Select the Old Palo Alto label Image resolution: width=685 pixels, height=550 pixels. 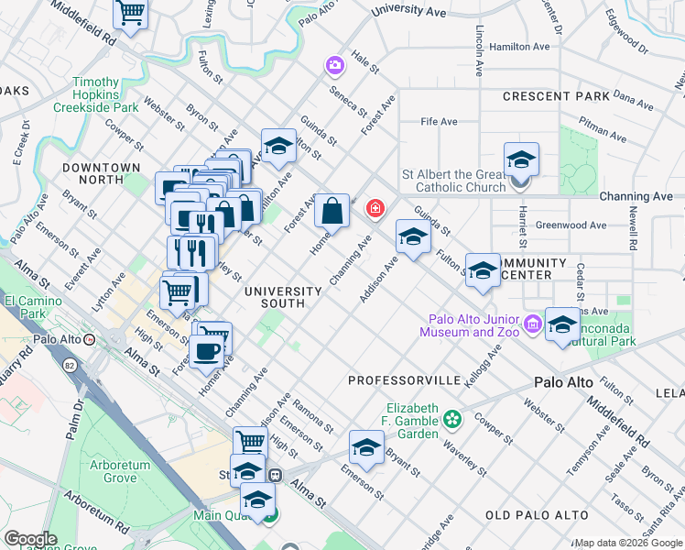[536, 516]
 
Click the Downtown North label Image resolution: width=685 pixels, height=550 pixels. [101, 174]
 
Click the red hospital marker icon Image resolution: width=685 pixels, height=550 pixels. [375, 210]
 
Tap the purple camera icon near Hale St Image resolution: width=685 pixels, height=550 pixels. [334, 65]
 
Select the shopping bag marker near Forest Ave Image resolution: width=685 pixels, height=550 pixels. [332, 211]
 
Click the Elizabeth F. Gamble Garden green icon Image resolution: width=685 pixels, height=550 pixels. [451, 420]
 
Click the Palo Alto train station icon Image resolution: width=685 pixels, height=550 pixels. [90, 338]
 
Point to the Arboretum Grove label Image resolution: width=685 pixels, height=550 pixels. [120, 471]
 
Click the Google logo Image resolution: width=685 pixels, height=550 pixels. [30, 539]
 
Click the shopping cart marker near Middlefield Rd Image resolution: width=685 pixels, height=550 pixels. [131, 14]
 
